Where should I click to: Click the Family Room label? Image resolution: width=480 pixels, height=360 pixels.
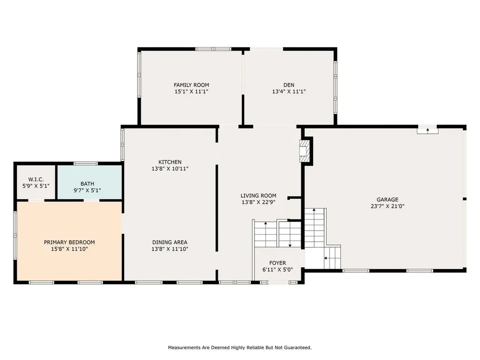[191, 85]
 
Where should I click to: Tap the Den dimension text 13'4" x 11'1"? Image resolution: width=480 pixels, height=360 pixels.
[289, 92]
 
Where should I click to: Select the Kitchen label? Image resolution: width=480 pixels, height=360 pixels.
[170, 162]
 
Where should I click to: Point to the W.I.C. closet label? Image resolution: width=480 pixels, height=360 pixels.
[36, 179]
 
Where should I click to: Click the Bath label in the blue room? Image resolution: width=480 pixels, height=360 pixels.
[87, 184]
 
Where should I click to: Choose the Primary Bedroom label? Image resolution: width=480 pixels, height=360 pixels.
[69, 242]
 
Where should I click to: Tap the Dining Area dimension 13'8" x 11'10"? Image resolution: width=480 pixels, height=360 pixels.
[170, 249]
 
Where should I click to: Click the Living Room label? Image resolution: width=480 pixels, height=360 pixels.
[258, 196]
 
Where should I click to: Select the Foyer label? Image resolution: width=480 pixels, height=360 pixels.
[277, 263]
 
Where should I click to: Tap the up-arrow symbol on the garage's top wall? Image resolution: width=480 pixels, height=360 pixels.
[427, 130]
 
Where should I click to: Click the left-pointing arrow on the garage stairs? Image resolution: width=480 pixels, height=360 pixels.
[326, 258]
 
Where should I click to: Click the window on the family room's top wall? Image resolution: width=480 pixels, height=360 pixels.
[213, 49]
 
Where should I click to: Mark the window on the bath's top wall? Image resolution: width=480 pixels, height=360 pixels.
[85, 163]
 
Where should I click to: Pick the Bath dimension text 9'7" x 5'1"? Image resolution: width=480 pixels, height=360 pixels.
[87, 191]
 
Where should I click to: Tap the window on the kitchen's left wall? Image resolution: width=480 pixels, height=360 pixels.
[122, 145]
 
